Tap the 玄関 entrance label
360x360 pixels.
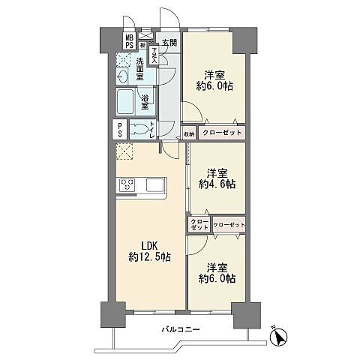pos(169,42)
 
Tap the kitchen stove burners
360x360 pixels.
pos(126,184)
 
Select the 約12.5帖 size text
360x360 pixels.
pos(148,257)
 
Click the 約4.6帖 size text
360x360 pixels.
pos(216,184)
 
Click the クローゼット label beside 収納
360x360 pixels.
pos(221,133)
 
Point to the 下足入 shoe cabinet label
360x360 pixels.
pos(154,54)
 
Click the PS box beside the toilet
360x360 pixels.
pos(120,129)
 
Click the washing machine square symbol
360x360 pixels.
pos(124,60)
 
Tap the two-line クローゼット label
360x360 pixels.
pos(199,225)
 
